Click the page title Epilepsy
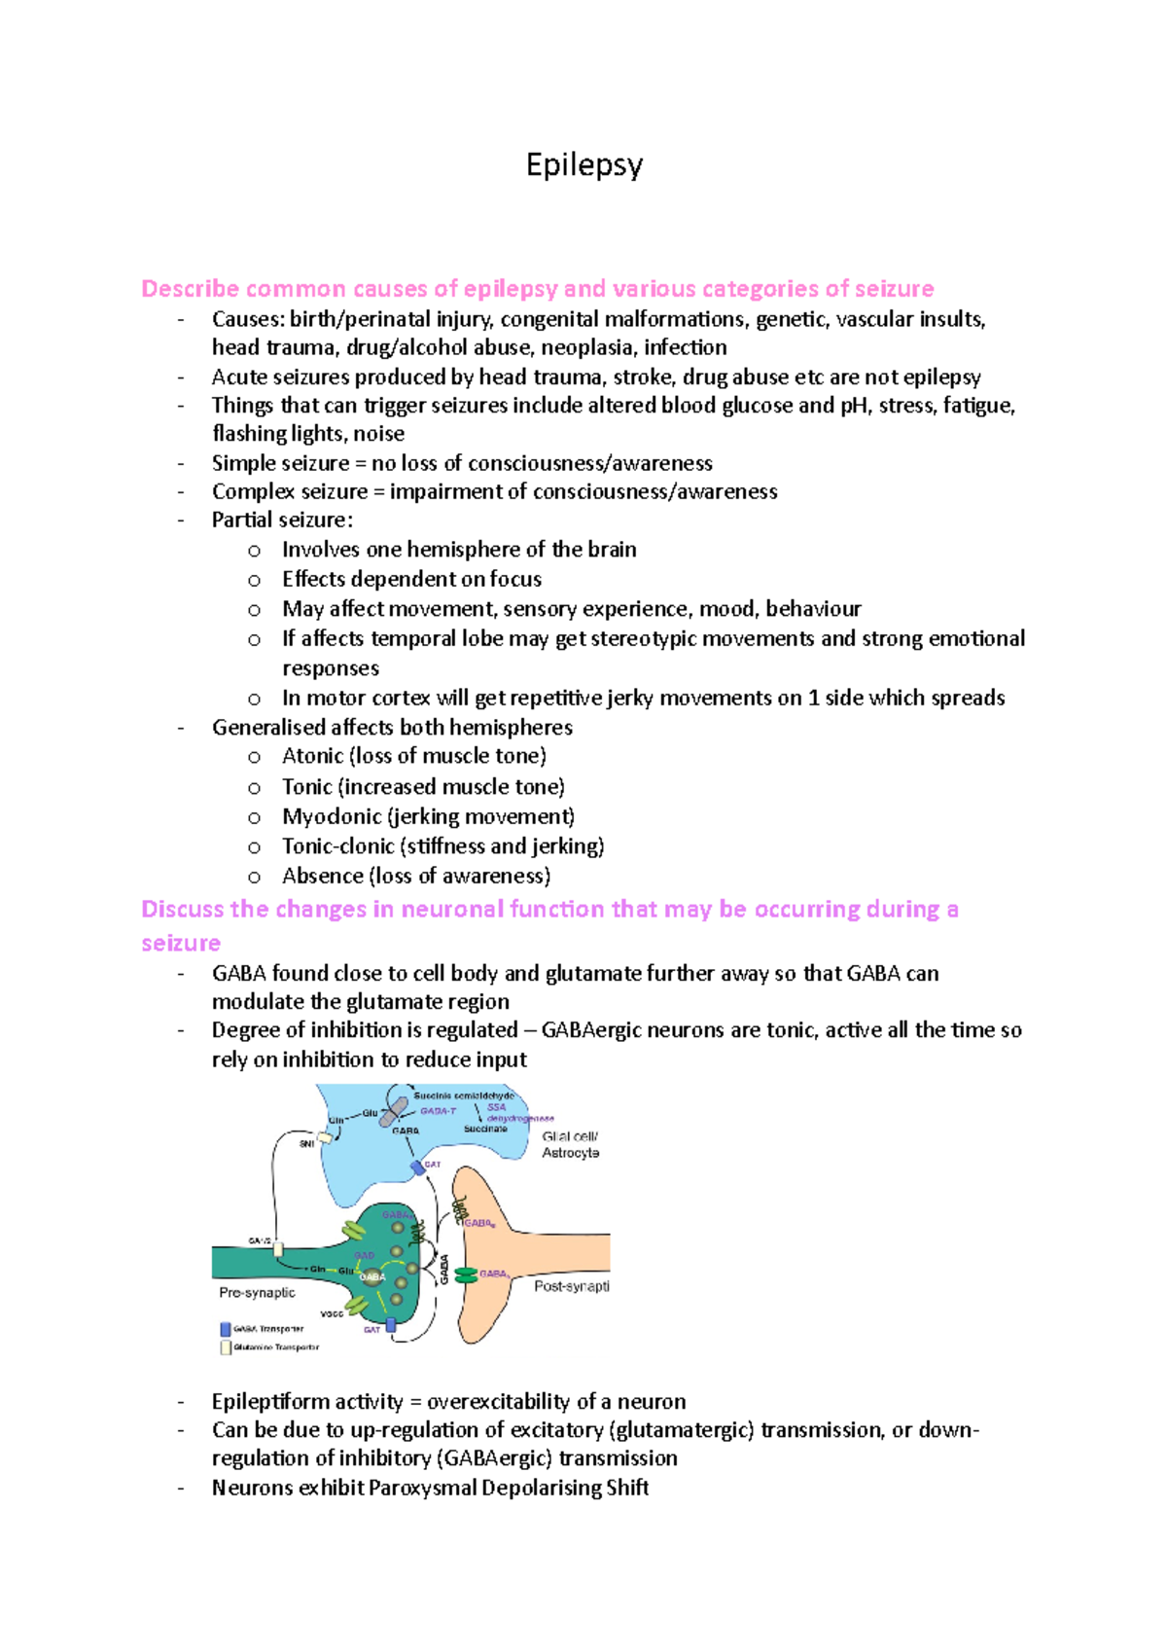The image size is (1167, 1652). coord(583,165)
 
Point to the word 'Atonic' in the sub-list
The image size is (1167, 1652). coord(312,756)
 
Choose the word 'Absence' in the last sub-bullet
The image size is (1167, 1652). coord(322,876)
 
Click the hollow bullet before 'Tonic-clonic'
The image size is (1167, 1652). coord(254,847)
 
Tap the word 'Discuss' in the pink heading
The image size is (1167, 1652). coord(182,909)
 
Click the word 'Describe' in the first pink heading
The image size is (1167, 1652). coord(190,289)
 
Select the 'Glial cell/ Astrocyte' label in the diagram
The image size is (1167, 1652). coord(570,1144)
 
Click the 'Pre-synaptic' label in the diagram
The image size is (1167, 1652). coord(257,1293)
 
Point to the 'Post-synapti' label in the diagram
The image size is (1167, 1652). coord(571,1286)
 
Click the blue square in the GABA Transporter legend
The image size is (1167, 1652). coord(226,1328)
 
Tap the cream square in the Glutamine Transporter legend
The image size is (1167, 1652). coord(226,1347)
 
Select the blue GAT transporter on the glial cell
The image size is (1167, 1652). coord(417,1167)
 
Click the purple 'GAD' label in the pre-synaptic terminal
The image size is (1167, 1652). coord(364,1256)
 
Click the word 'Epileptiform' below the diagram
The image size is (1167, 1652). coord(266,1402)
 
